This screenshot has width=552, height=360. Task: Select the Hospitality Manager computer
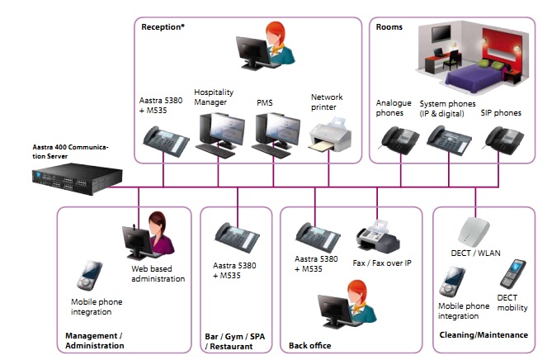click(x=218, y=132)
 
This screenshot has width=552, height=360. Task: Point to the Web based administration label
click(x=158, y=273)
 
